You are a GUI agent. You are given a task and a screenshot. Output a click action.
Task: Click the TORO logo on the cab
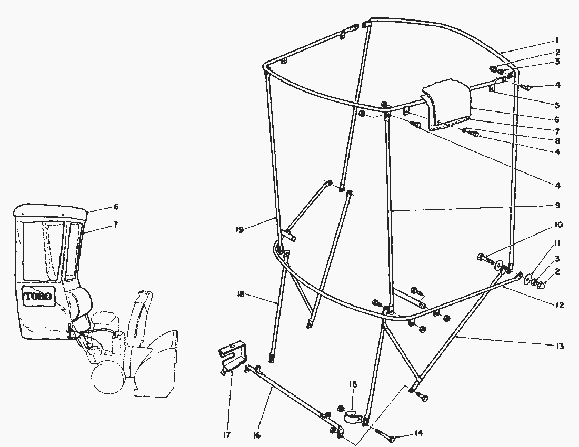38,296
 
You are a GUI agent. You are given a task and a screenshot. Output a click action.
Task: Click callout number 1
557,40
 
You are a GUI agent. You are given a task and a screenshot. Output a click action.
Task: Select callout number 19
239,230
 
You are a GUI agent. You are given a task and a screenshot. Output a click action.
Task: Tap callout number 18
241,294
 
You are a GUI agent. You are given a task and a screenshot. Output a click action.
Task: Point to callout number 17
227,435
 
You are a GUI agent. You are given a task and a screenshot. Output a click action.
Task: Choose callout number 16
257,435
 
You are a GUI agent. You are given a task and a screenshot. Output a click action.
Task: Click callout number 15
353,384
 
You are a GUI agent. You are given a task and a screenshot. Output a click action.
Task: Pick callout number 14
418,433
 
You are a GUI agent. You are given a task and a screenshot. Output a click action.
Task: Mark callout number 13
560,347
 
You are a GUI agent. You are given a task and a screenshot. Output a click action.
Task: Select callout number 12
560,305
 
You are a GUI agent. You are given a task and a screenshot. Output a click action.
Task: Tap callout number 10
558,225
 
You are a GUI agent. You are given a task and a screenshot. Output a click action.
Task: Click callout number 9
557,205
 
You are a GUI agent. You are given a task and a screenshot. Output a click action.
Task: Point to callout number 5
557,105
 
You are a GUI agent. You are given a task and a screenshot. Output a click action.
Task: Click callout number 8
557,140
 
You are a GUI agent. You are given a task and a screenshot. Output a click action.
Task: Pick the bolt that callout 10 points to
487,259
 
